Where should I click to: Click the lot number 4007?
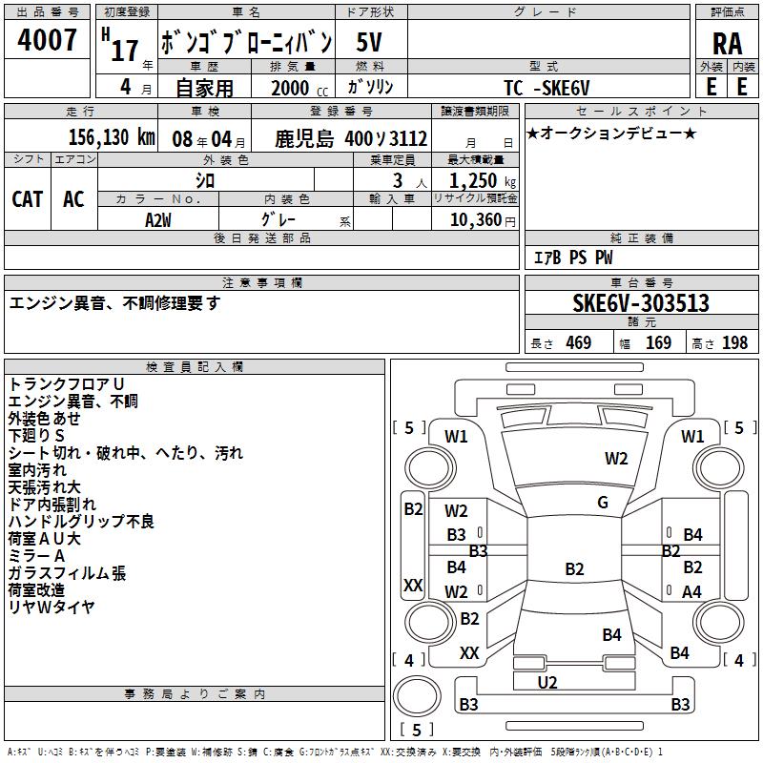tap(47, 40)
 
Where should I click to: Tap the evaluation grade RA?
tap(727, 44)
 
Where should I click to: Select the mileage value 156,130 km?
tap(112, 137)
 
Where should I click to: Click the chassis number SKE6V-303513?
tap(641, 302)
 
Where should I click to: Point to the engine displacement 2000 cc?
tap(299, 88)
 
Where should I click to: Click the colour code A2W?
tap(158, 220)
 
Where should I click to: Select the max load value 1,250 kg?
tap(483, 181)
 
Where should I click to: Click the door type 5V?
tap(369, 42)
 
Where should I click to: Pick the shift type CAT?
tap(28, 199)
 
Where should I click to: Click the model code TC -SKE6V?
tap(546, 88)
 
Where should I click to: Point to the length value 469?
tap(579, 342)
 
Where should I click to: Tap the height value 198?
tap(734, 342)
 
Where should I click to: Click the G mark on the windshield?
tap(603, 503)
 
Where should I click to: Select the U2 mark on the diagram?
tap(547, 682)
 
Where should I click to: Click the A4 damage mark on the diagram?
tap(692, 591)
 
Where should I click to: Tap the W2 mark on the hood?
tap(616, 459)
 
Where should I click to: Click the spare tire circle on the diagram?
tap(417, 695)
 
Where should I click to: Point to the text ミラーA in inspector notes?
tap(36, 556)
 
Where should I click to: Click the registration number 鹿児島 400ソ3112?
tap(351, 139)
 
